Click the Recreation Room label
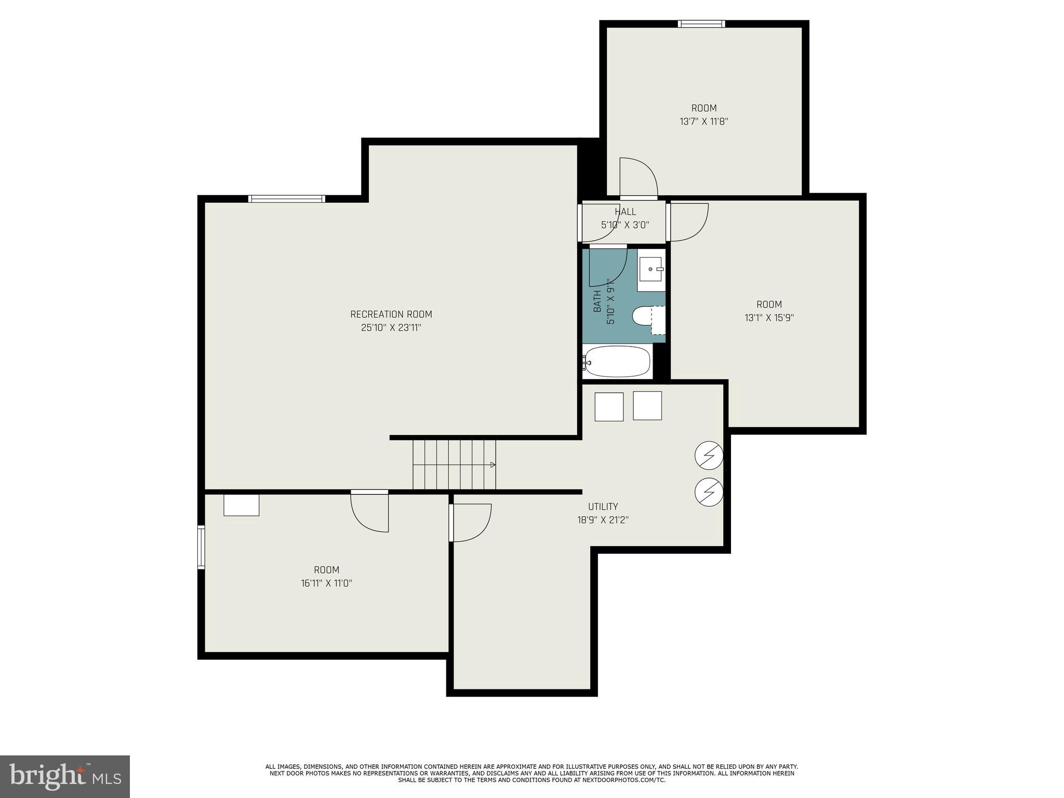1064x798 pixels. [391, 314]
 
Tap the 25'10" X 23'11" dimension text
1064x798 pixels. [391, 328]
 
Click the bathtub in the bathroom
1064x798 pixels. [617, 361]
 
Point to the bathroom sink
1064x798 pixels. [650, 269]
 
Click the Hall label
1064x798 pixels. [625, 212]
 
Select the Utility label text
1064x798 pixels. [603, 507]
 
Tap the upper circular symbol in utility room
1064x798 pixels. [709, 456]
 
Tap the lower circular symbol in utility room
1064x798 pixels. [709, 491]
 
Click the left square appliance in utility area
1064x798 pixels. [608, 407]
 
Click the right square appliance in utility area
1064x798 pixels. [647, 406]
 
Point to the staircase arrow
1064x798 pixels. [493, 464]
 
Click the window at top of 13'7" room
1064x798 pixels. [701, 24]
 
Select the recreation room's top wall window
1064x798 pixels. [287, 198]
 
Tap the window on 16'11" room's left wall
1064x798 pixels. [201, 547]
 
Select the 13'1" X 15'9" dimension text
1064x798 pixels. [769, 318]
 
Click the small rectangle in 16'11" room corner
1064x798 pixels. [241, 506]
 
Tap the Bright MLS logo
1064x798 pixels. [64, 776]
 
